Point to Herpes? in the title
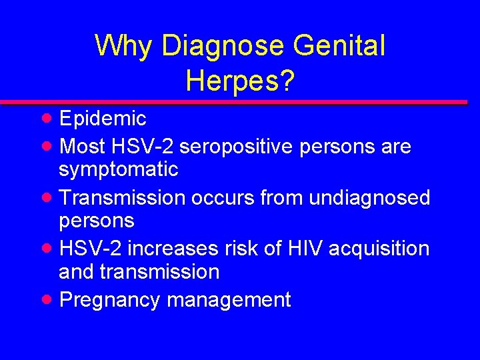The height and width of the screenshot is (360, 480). click(x=241, y=81)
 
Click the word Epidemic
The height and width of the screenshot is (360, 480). click(x=103, y=119)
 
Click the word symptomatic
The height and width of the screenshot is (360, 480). click(x=119, y=170)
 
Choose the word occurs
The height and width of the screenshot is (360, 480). click(x=211, y=197)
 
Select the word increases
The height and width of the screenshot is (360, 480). click(x=172, y=249)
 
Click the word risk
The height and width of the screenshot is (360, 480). click(x=241, y=249)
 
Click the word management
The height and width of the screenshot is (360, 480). click(x=229, y=300)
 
